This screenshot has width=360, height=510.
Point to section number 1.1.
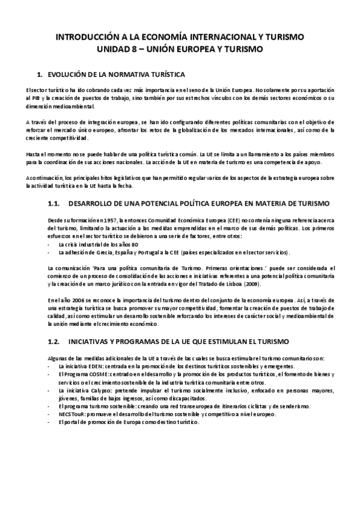(55, 204)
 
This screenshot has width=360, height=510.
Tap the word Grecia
(110, 252)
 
